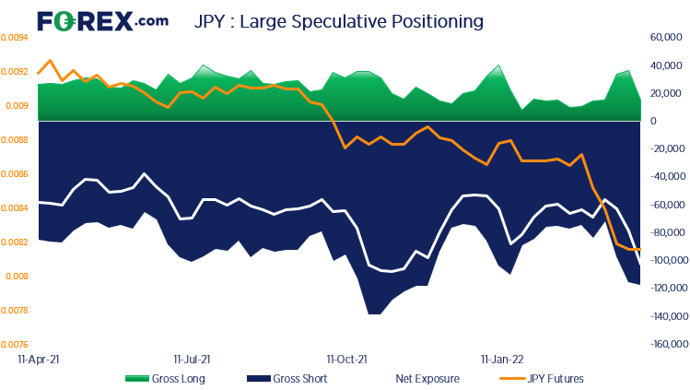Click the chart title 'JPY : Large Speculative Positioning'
click(x=339, y=19)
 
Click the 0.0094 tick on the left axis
click(x=13, y=38)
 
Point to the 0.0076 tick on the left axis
click(x=13, y=345)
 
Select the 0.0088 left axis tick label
click(x=13, y=140)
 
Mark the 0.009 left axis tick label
click(x=11, y=106)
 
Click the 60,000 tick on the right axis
click(x=664, y=38)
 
